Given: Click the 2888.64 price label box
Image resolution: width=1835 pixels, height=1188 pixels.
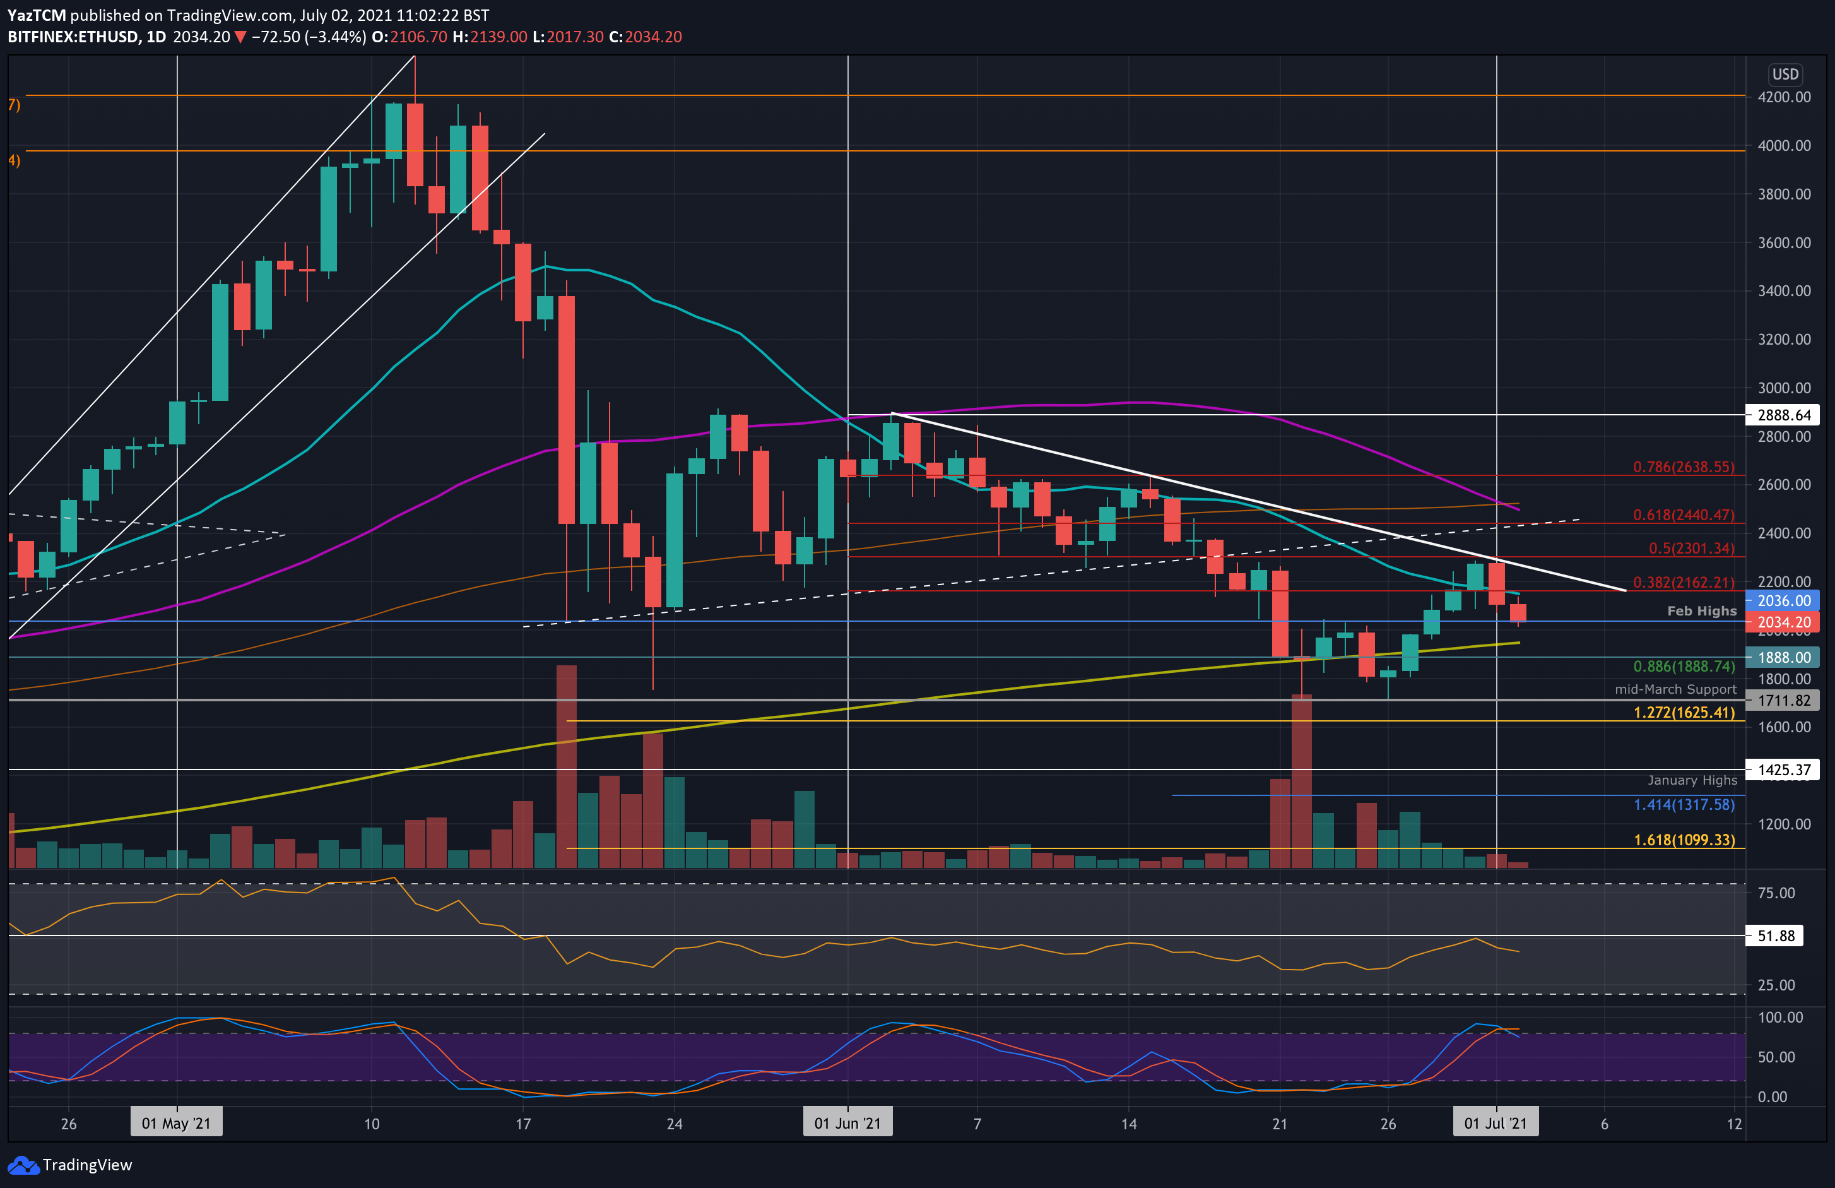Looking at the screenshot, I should tap(1783, 415).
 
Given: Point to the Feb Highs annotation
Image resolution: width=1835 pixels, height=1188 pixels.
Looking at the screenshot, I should tap(1702, 611).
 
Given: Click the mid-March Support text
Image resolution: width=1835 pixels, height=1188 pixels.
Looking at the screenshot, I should tap(1675, 689).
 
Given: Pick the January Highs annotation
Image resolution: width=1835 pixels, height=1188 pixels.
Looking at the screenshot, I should tap(1692, 780).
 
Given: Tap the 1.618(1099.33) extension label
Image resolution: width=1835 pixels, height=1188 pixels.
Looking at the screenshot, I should tap(1684, 840).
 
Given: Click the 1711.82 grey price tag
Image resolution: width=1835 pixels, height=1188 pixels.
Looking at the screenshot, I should tap(1783, 701).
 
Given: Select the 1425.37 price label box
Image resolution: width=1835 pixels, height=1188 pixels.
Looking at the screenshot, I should tap(1783, 770).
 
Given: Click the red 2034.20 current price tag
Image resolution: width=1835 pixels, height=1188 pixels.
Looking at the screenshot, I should tap(1783, 622).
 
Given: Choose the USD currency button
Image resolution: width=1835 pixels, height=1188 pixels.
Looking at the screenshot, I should tap(1785, 74).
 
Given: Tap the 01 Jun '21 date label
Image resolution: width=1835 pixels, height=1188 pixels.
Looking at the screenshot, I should tap(847, 1123).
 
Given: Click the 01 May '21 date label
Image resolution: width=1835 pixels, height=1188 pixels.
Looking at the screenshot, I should tap(176, 1123).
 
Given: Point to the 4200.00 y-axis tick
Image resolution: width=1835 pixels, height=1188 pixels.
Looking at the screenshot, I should tap(1784, 97).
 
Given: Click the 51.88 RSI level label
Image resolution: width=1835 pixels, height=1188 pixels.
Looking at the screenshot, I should tap(1776, 936).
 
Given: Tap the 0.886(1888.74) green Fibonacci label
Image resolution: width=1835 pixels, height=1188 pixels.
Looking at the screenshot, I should tap(1684, 666).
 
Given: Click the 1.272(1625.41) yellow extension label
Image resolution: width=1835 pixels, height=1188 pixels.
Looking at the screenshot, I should tap(1684, 712).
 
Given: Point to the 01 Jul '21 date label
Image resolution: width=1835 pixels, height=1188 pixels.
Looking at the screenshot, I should tap(1495, 1123).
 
